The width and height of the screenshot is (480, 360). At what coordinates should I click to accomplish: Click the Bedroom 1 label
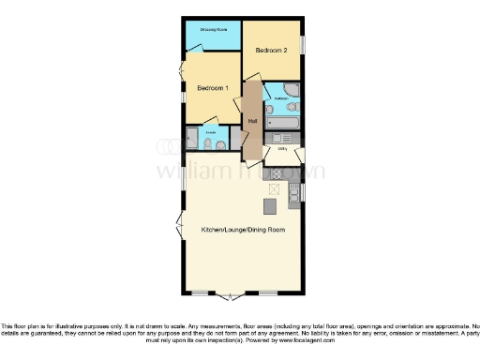(213, 88)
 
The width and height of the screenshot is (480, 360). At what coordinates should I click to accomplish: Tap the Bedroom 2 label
(272, 49)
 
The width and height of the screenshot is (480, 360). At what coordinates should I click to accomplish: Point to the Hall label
(252, 122)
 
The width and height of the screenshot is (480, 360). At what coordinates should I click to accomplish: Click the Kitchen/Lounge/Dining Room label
(243, 230)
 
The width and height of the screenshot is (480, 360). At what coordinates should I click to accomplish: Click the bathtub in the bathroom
(283, 122)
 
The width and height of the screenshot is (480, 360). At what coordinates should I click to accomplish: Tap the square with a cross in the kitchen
(273, 188)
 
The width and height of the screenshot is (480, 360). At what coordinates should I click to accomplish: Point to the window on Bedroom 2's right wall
(304, 46)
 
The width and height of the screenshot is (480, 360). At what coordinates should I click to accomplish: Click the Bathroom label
(280, 97)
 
